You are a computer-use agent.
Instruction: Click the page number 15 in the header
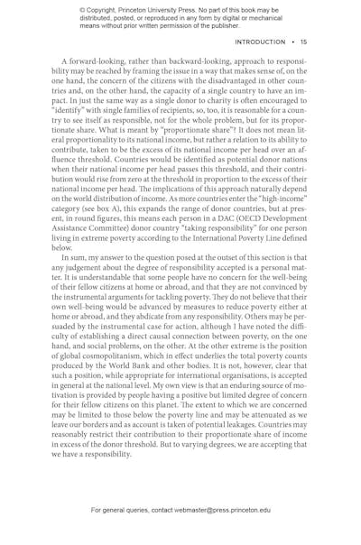click(304, 42)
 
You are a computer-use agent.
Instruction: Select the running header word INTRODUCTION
click(260, 42)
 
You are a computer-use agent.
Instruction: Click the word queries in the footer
click(134, 510)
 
